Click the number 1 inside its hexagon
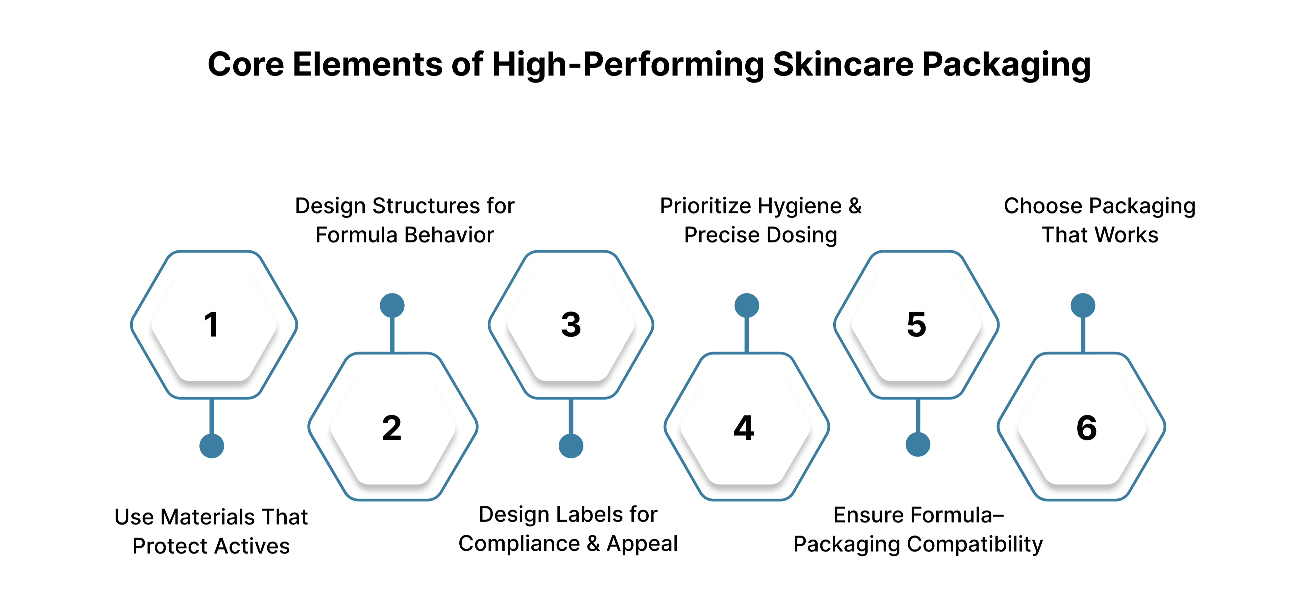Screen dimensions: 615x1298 coord(212,325)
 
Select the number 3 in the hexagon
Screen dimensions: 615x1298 coord(571,325)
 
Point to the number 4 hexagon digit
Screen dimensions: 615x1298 coord(744,428)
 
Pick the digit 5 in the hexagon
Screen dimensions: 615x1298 coord(917,325)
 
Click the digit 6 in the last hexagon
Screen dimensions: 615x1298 coord(1086,428)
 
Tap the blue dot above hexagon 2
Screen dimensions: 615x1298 coord(392,305)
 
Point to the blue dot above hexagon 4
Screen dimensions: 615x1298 coord(747,305)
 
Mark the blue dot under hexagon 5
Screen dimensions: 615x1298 coord(918,445)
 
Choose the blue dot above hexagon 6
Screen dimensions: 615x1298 coord(1083,305)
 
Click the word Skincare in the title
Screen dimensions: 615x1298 coord(842,65)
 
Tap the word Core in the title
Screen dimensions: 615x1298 coord(245,65)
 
